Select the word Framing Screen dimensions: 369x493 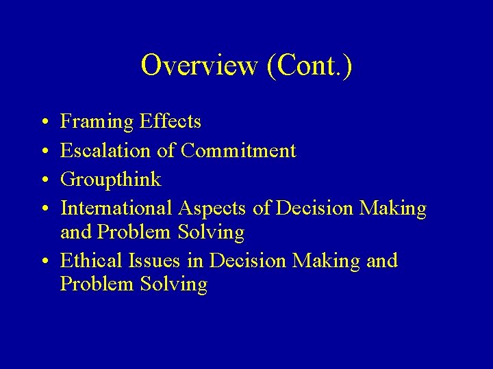97,122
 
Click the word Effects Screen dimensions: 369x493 170,122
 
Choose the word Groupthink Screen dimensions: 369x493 111,180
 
